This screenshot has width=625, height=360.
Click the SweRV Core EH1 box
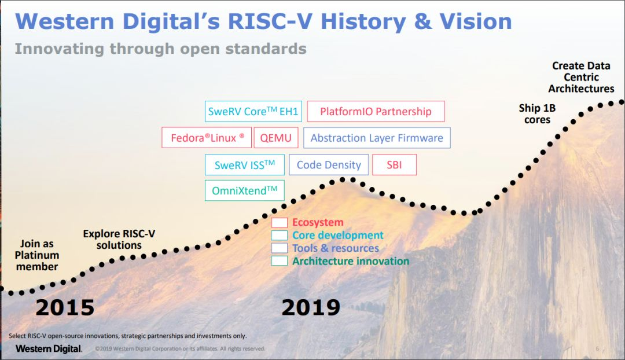point(253,112)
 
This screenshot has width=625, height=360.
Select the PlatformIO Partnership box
point(376,112)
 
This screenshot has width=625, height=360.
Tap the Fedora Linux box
point(207,138)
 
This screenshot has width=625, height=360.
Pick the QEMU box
point(276,138)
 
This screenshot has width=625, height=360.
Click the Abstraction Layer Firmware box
point(377,138)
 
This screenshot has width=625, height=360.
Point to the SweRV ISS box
point(245,165)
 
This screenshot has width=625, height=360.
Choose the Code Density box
point(328,165)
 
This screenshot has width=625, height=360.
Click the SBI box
point(394,165)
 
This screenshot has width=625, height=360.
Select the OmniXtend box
point(244,190)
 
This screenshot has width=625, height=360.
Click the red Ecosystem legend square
point(280,223)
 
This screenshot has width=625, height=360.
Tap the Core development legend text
point(337,236)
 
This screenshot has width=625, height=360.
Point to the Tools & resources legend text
point(336,248)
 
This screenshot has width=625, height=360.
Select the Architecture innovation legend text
point(350,261)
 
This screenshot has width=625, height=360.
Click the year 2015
point(65,307)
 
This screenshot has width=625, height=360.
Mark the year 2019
point(311,307)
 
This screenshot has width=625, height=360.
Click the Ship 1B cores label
point(537,114)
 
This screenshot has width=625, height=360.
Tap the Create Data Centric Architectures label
point(581,78)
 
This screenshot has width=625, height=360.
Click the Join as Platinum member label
point(37,255)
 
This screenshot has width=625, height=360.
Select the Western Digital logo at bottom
point(49,348)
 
